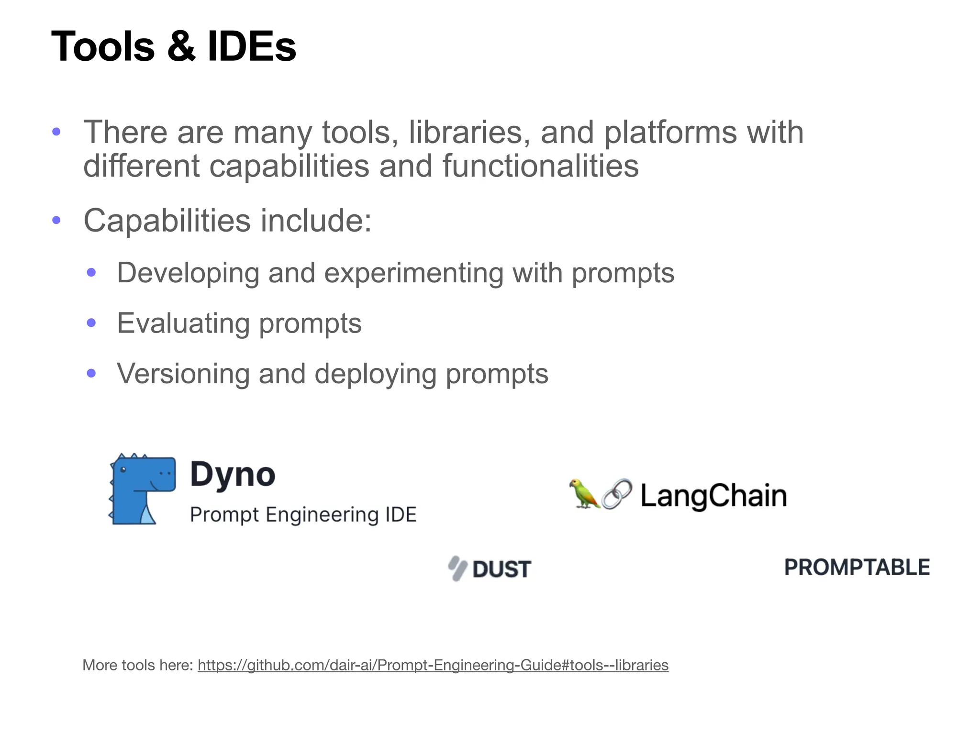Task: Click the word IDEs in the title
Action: [x=252, y=47]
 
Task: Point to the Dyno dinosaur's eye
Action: [x=123, y=470]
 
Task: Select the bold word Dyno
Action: [x=233, y=474]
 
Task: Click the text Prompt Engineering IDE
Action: [x=303, y=515]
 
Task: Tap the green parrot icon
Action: [x=584, y=493]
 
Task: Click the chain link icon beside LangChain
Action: [x=617, y=493]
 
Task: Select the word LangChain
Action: [x=713, y=496]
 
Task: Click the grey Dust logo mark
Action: [x=457, y=568]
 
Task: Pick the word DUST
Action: [x=502, y=569]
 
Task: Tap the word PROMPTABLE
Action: [x=857, y=568]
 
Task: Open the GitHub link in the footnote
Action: [x=433, y=665]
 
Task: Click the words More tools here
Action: [x=138, y=665]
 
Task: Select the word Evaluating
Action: [x=183, y=323]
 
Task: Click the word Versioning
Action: [x=183, y=374]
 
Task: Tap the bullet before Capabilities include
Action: [x=56, y=220]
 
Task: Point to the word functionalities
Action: [x=540, y=166]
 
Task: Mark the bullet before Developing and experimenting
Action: [x=91, y=273]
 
